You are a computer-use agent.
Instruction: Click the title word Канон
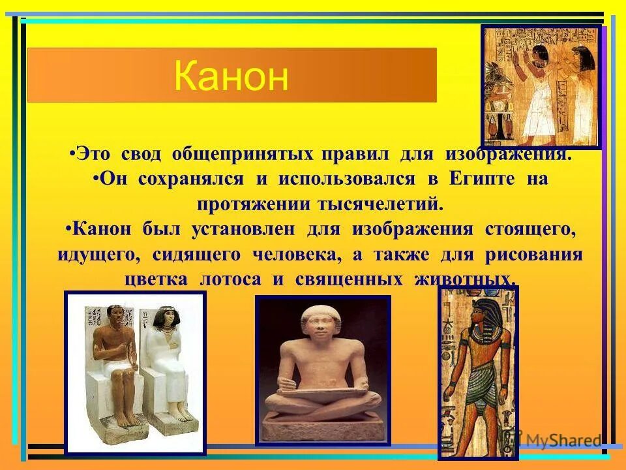pos(231,76)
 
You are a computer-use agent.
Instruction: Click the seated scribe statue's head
pos(322,324)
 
